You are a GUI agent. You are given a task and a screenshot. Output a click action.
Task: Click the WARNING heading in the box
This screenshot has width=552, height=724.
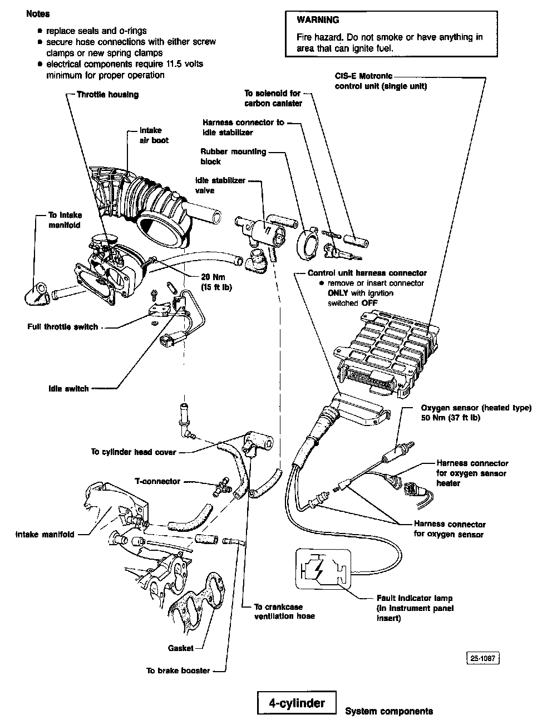[318, 20]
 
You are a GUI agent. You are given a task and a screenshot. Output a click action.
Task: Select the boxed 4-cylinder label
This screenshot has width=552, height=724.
[297, 703]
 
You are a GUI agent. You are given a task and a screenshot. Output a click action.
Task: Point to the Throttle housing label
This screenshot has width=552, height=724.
[107, 95]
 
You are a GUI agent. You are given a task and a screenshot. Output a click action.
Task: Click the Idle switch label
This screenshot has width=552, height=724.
[68, 389]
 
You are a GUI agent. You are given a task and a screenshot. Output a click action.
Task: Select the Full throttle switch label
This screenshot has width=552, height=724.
[62, 327]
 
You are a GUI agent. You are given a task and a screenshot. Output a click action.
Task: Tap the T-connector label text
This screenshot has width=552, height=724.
[157, 481]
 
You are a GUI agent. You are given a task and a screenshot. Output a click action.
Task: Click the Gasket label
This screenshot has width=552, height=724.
[181, 648]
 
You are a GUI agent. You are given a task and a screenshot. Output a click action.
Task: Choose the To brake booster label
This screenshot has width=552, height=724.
[178, 671]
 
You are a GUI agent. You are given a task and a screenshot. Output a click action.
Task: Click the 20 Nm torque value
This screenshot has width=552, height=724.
[211, 277]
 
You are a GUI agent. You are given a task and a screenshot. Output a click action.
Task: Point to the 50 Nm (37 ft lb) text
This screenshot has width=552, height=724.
[451, 418]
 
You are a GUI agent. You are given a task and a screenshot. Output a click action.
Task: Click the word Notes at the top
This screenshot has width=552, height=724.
[38, 14]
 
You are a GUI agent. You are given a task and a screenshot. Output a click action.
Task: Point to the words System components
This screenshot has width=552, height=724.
[389, 711]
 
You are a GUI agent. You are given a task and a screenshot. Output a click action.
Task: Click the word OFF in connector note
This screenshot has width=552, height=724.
[369, 303]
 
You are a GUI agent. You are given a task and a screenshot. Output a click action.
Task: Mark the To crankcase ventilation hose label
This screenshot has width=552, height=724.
[284, 612]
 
